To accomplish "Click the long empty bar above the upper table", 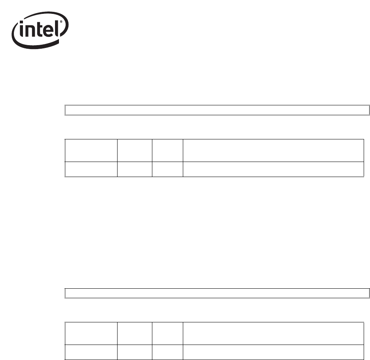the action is [216, 110].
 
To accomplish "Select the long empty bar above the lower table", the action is [216, 293].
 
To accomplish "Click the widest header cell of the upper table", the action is [273, 150].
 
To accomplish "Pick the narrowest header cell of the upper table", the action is [167, 150].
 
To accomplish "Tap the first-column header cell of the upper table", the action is [91, 150].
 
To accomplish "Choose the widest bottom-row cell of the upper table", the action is [273, 169].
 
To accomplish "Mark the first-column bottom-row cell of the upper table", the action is [91, 169].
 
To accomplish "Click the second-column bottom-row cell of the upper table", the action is [135, 169].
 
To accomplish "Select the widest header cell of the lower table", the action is [273, 333].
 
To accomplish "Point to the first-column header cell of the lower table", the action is [91, 333].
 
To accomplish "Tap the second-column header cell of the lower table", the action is [135, 333].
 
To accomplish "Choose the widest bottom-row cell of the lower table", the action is [273, 352].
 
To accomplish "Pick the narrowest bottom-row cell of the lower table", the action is [167, 352].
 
